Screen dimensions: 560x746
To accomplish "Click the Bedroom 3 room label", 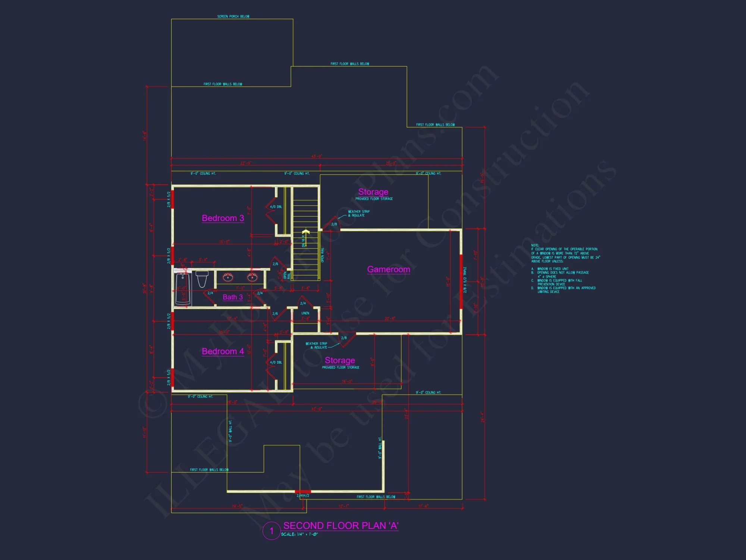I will point(223,218).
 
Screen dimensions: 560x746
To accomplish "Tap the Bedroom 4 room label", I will point(223,351).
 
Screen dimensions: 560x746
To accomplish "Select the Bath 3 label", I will point(233,297).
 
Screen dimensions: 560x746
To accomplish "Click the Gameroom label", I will point(388,269).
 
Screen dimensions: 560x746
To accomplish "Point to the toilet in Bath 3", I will point(202,279).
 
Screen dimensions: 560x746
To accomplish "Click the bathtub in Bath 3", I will point(183,289).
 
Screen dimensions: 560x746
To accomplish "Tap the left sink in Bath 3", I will point(228,277).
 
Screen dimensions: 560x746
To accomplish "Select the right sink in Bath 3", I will point(252,277).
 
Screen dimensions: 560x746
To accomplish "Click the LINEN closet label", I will point(305,313).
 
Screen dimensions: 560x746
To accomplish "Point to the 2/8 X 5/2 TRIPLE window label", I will point(465,280).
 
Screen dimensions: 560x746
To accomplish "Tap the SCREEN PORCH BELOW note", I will point(233,16).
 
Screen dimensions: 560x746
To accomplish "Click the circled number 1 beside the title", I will point(271,531).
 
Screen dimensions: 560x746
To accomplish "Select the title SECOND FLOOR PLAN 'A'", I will point(341,526).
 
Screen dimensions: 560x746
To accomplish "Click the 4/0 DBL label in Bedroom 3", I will point(276,207).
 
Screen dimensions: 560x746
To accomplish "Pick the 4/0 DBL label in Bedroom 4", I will point(276,363).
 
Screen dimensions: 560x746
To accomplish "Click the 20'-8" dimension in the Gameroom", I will point(390,318).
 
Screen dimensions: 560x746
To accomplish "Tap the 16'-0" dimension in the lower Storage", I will point(347,382).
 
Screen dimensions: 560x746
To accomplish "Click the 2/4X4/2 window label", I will point(303,496).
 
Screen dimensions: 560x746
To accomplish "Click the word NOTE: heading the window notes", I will point(535,245).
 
